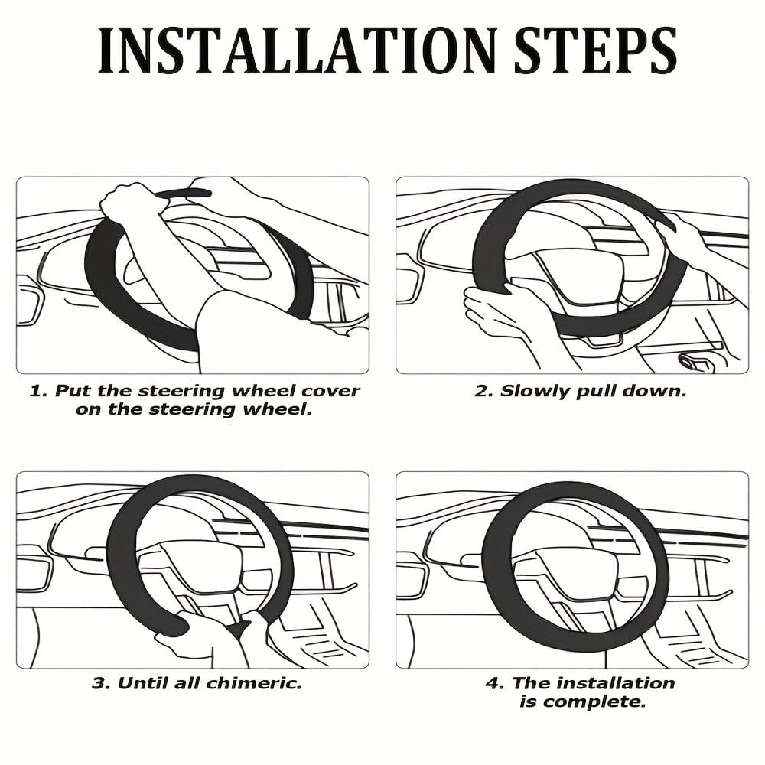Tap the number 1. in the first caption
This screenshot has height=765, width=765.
tap(37, 391)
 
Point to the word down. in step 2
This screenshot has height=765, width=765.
tap(656, 391)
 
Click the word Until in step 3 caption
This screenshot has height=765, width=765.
tap(137, 683)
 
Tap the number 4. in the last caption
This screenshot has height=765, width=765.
tap(494, 683)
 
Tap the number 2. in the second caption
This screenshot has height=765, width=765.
tap(483, 391)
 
